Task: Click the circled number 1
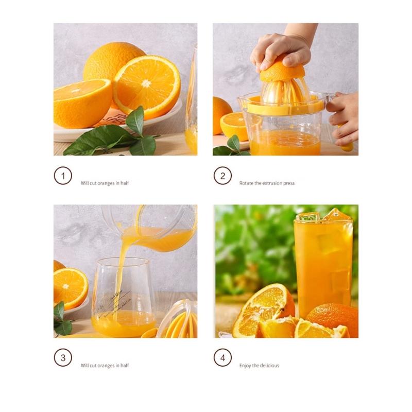click(62, 176)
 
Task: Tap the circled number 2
click(222, 176)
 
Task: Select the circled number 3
click(62, 358)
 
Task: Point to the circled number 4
click(222, 358)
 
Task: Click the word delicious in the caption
click(269, 366)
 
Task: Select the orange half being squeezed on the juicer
click(282, 72)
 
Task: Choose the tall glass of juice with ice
click(323, 263)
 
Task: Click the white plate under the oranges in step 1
click(103, 129)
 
